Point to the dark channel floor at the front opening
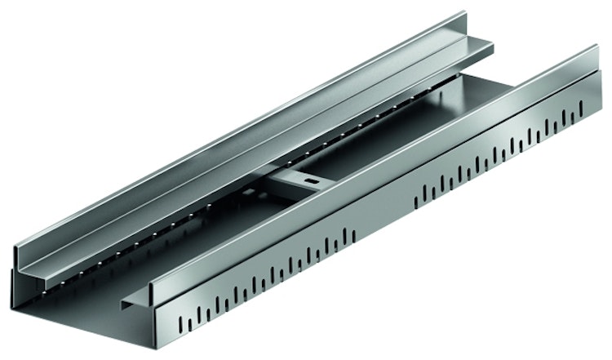[90, 314]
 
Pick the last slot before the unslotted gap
[357, 237]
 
